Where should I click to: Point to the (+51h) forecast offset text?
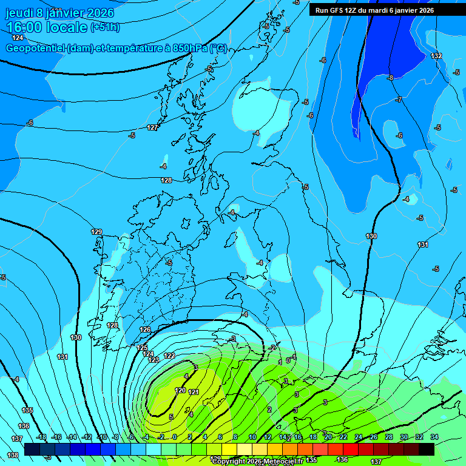(105, 27)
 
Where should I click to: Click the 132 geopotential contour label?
(436, 56)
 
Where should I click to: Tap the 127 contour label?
(153, 127)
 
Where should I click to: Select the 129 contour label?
(96, 232)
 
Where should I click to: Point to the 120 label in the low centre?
(180, 390)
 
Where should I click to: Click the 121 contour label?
(194, 392)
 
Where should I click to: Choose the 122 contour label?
(169, 356)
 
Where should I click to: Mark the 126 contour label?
(145, 329)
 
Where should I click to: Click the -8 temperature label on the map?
(390, 78)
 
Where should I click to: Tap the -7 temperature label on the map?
(399, 100)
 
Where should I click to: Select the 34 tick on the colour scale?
(434, 437)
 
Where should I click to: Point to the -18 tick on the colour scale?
(41, 437)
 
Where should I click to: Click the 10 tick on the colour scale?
(252, 437)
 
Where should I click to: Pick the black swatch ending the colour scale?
(427, 449)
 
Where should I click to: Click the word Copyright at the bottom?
(229, 461)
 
